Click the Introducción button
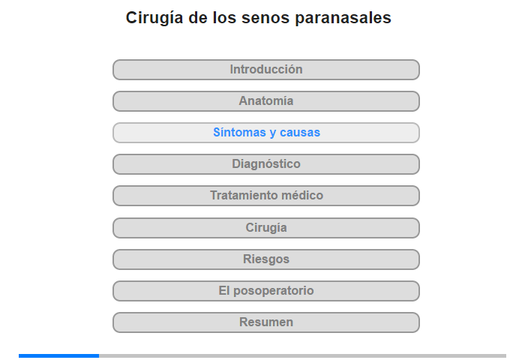coord(265,70)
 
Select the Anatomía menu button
coord(265,101)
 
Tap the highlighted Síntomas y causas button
coord(265,133)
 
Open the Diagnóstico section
coord(265,164)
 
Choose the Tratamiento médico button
coord(265,196)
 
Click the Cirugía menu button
coord(265,228)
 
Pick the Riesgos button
coord(265,259)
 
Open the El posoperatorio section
coord(265,291)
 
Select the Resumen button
coord(265,322)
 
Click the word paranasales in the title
coord(343,18)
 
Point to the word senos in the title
coord(265,18)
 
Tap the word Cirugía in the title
coord(154,18)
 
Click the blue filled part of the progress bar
coord(59,355)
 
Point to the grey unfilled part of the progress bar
coord(303,355)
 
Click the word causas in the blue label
coord(300,133)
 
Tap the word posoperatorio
coord(274,291)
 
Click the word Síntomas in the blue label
coord(240,132)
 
